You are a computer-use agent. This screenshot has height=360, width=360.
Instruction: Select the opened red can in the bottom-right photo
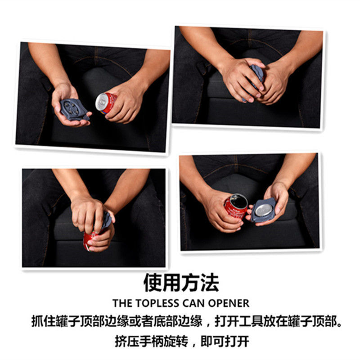(x=236, y=206)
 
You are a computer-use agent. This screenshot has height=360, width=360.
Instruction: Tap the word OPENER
(x=229, y=303)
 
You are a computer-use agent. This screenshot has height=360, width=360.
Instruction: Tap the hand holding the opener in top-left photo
(x=67, y=103)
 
